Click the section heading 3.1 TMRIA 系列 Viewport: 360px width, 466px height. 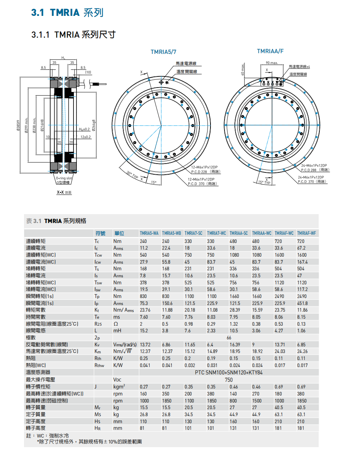[x=67, y=13]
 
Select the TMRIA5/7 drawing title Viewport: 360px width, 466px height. [x=163, y=52]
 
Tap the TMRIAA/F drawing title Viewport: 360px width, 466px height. [x=270, y=51]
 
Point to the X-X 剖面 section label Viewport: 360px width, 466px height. [x=64, y=192]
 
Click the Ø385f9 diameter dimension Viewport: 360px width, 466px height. [x=18, y=127]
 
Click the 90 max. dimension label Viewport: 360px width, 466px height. [x=272, y=63]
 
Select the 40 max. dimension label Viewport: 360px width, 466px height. [x=243, y=69]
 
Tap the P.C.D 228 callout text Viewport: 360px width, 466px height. [x=205, y=172]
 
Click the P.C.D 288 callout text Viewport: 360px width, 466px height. [x=315, y=170]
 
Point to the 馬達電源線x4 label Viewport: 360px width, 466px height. [x=299, y=67]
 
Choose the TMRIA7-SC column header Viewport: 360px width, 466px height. [x=193, y=233]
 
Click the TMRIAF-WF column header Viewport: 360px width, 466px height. [x=306, y=233]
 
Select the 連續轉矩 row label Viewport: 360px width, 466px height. [x=36, y=241]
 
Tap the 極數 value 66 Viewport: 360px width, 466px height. [x=229, y=337]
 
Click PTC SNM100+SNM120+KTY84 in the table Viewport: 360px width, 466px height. [x=229, y=372]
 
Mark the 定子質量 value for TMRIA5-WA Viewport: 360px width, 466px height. [x=144, y=414]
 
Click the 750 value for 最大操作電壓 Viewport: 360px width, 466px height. [x=229, y=380]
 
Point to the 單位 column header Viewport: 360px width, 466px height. [x=119, y=233]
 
